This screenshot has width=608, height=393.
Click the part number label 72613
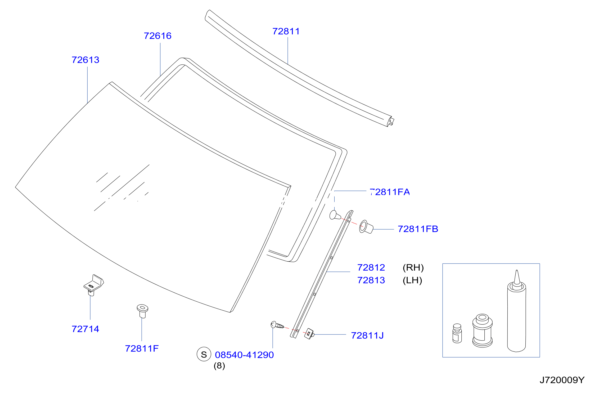pos(85,60)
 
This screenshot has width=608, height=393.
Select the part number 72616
pos(157,36)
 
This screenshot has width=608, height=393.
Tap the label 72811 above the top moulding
pos(286,31)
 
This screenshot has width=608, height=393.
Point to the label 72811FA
pos(390,192)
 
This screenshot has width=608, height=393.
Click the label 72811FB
pos(418,229)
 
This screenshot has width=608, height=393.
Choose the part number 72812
pos(371,267)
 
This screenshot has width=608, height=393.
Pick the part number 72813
pos(371,280)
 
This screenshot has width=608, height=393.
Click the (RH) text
pos(413,267)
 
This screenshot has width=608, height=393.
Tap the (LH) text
pos(412,280)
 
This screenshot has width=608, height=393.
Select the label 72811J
pos(367,335)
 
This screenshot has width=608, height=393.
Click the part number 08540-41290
pos(244,355)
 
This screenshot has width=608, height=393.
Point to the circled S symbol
pos(204,354)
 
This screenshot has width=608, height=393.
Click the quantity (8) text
pos(219,366)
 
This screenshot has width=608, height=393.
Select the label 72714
pos(85,329)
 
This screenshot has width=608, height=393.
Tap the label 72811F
pos(142,349)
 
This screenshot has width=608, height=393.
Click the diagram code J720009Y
pos(562,380)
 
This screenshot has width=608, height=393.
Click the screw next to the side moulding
pos(277,325)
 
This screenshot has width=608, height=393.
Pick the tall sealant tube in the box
pos(516,311)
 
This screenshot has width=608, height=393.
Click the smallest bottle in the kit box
pos(457,333)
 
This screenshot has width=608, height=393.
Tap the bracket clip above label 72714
pos(93,285)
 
